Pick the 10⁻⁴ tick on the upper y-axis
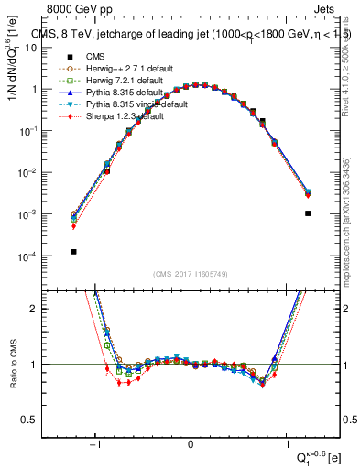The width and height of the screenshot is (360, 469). (30, 256)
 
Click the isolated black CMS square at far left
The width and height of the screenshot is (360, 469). (73, 251)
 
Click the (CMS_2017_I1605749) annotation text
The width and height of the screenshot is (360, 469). (190, 274)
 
